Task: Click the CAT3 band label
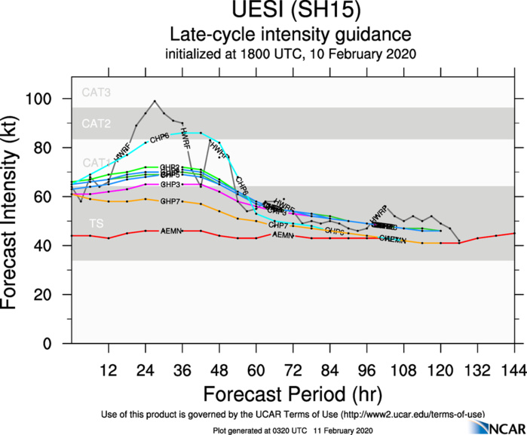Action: pyautogui.click(x=97, y=93)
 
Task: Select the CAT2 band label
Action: pyautogui.click(x=97, y=122)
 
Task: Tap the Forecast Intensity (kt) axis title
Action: pyautogui.click(x=16, y=210)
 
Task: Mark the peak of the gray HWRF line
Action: pyautogui.click(x=155, y=100)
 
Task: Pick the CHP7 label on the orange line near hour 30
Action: pyautogui.click(x=170, y=201)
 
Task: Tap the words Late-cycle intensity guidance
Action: pyautogui.click(x=290, y=34)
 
